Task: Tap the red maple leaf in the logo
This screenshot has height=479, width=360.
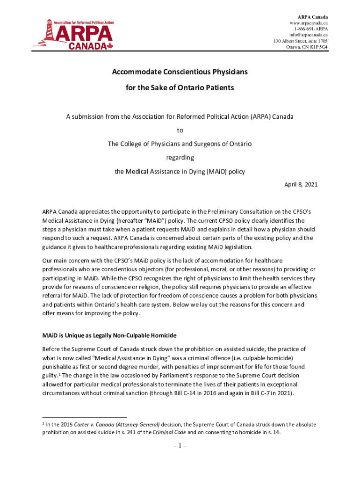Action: (110, 46)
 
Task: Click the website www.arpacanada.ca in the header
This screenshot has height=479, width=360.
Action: (309, 23)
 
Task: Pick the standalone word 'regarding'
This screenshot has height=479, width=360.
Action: (180, 158)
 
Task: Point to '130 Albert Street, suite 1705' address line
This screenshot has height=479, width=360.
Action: (301, 41)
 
